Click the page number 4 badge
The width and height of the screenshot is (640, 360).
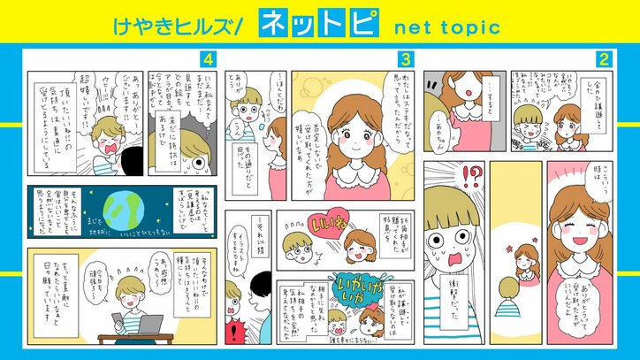pyautogui.click(x=208, y=59)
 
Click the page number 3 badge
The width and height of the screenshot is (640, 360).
pyautogui.click(x=406, y=59)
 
